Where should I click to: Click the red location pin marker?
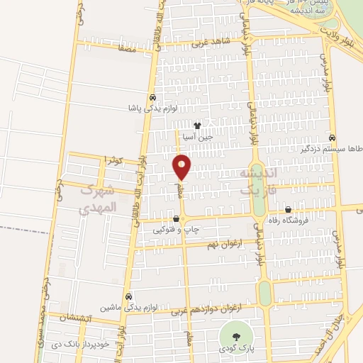[x=181, y=167]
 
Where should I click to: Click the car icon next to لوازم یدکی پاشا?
[x=152, y=99]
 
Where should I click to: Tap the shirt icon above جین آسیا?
[x=207, y=125]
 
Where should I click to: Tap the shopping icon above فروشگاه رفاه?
[x=288, y=210]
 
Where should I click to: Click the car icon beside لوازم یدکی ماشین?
[x=128, y=296]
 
